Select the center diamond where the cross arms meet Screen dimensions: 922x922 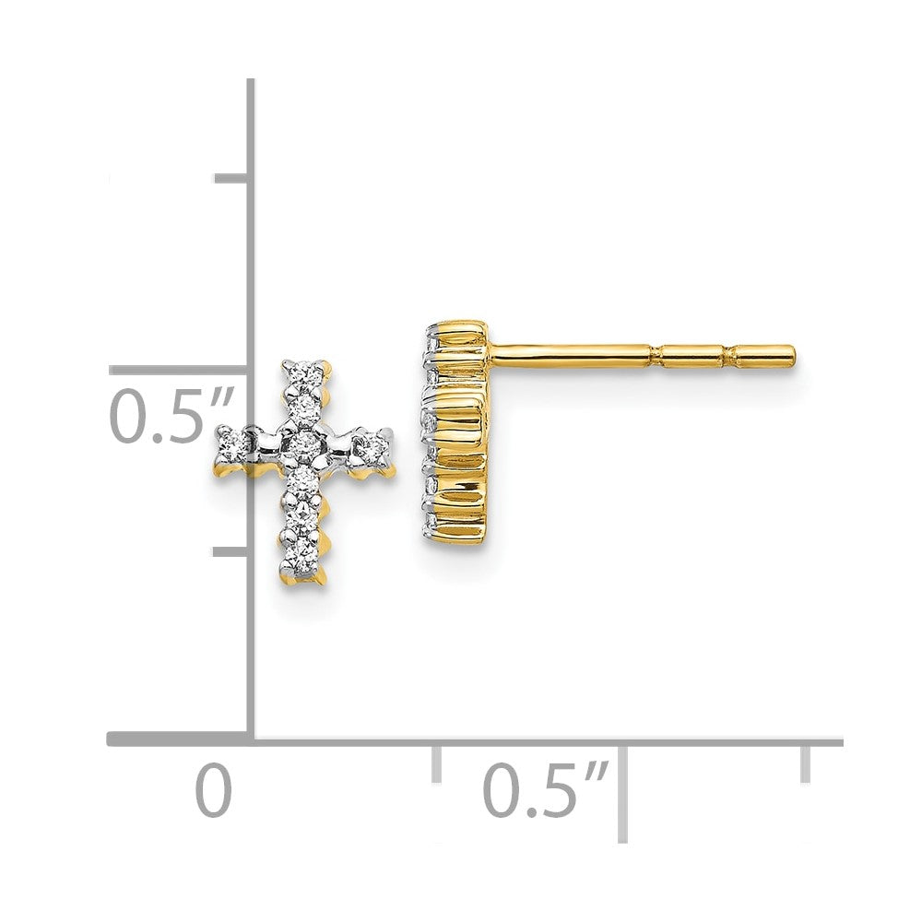point(303,445)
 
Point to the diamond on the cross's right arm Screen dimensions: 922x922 point(373,447)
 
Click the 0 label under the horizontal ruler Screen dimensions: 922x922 point(214,791)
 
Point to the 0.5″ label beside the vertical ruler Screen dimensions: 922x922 point(171,417)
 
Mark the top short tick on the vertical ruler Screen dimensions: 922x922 point(231,178)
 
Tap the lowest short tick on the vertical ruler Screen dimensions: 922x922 point(230,551)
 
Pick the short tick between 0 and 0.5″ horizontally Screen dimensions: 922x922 point(436,763)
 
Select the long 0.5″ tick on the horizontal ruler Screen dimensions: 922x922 point(622,793)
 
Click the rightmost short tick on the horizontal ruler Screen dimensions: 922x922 point(806,762)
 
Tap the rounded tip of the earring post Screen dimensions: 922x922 point(790,354)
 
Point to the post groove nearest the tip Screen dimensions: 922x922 point(726,354)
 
